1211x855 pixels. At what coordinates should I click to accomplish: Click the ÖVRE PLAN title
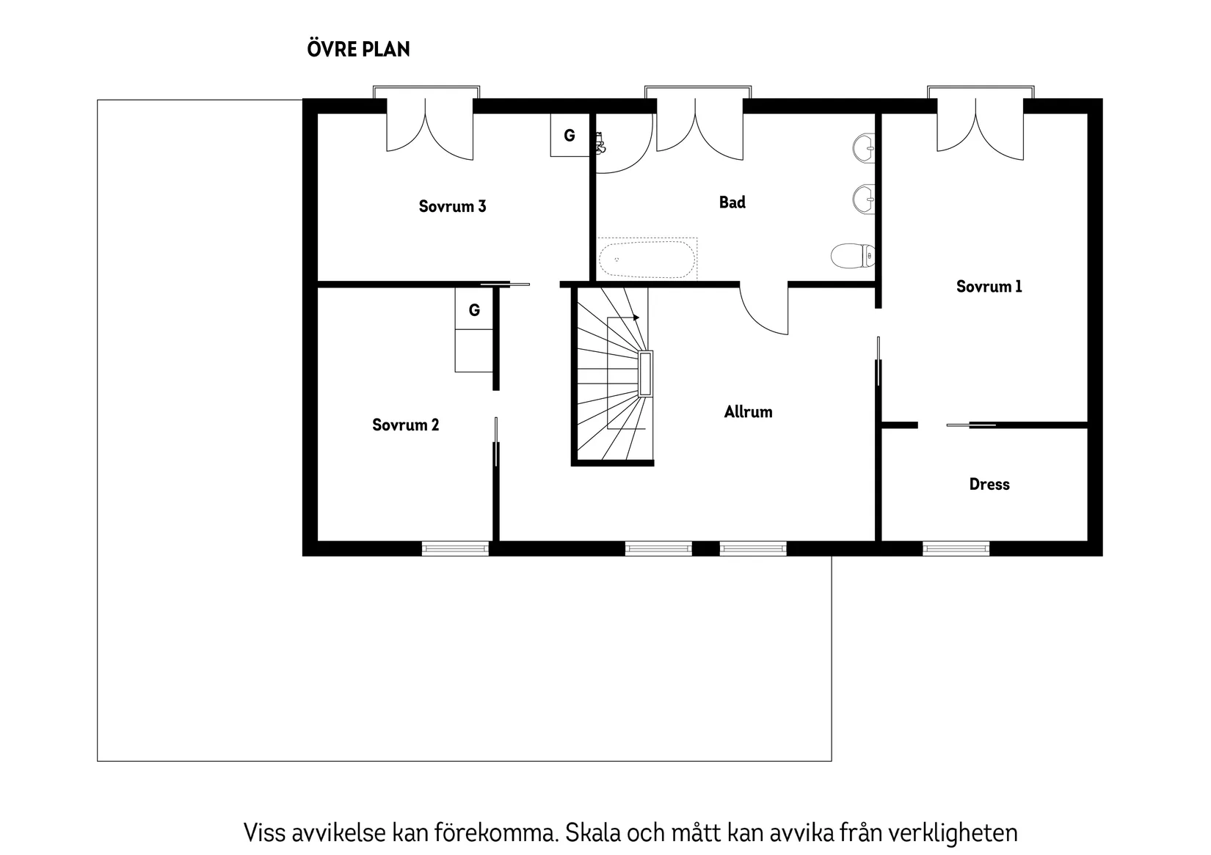click(x=358, y=49)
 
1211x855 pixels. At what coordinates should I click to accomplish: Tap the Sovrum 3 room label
click(x=452, y=206)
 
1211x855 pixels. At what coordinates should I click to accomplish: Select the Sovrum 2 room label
click(x=405, y=425)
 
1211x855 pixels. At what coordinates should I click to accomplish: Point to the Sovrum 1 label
click(x=989, y=287)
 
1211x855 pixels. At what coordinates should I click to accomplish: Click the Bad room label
click(x=732, y=202)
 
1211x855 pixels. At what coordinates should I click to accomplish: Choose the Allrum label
click(x=748, y=412)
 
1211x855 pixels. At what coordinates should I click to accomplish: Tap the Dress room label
click(x=989, y=484)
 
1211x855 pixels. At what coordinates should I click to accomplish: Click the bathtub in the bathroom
click(x=646, y=260)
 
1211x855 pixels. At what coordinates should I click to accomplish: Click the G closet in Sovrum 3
click(x=570, y=136)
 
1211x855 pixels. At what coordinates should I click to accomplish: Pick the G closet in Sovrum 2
click(x=474, y=310)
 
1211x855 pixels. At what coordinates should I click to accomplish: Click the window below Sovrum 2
click(x=455, y=548)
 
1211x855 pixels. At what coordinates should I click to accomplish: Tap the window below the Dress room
click(x=956, y=548)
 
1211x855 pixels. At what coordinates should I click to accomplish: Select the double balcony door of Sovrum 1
click(x=980, y=128)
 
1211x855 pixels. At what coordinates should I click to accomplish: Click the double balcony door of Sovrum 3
click(x=429, y=128)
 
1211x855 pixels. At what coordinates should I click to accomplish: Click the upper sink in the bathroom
click(x=865, y=148)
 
